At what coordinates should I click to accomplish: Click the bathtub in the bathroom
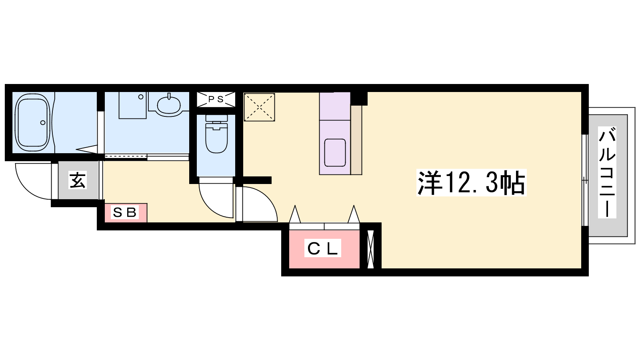point(32,122)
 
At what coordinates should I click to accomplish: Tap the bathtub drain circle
point(43,122)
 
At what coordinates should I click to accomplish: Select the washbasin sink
point(169,104)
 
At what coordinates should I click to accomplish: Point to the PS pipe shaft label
point(216,99)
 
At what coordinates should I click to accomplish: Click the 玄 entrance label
point(78,180)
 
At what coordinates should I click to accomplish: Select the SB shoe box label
point(124,212)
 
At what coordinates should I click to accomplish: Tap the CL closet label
point(322,248)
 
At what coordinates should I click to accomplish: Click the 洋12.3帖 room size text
point(472,183)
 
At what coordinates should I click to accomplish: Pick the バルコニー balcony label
point(607,172)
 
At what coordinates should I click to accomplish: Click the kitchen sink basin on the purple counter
point(335,152)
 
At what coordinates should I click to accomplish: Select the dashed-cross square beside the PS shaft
point(259,107)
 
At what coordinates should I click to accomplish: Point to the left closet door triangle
point(295,214)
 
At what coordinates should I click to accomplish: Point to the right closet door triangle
point(354,214)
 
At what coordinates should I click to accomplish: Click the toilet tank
point(216,118)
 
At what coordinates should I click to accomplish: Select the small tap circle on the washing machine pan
point(141,97)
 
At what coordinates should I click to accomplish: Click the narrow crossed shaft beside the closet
point(370,249)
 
